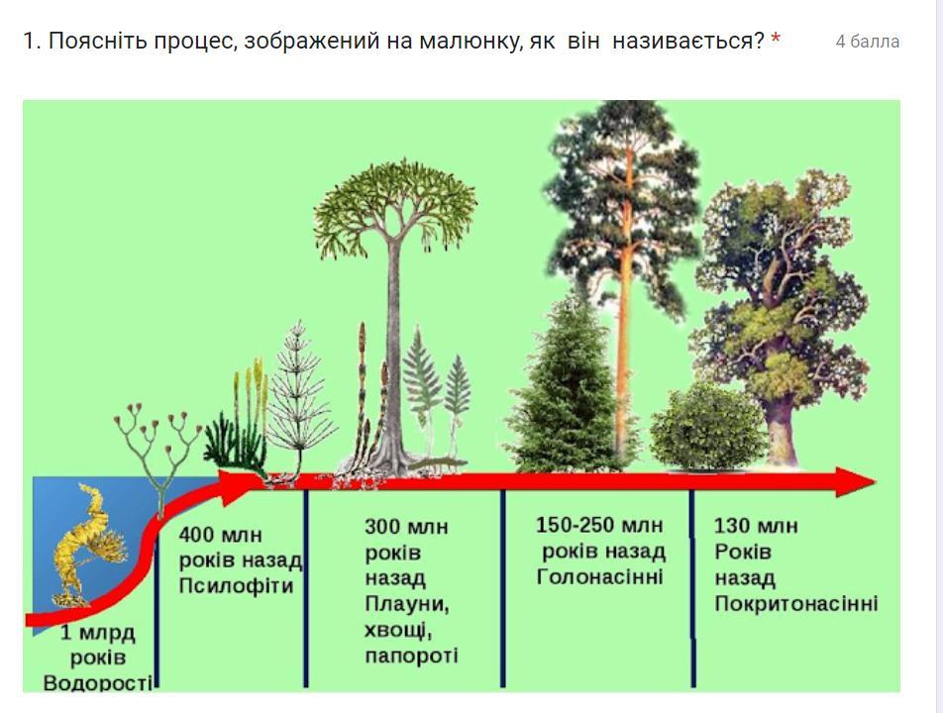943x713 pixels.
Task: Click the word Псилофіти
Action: click(236, 585)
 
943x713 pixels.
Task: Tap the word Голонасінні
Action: click(599, 576)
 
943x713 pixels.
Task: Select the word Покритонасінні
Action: click(796, 603)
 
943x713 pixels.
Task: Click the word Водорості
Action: click(97, 683)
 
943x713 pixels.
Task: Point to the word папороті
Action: click(411, 656)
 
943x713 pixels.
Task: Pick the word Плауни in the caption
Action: click(405, 604)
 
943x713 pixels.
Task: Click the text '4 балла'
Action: click(868, 42)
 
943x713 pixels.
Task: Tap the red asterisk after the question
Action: click(776, 39)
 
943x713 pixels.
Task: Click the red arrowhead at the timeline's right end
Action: click(855, 482)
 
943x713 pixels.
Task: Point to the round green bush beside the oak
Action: click(708, 426)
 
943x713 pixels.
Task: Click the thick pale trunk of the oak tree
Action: click(781, 430)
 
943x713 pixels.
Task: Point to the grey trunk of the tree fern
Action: click(393, 355)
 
